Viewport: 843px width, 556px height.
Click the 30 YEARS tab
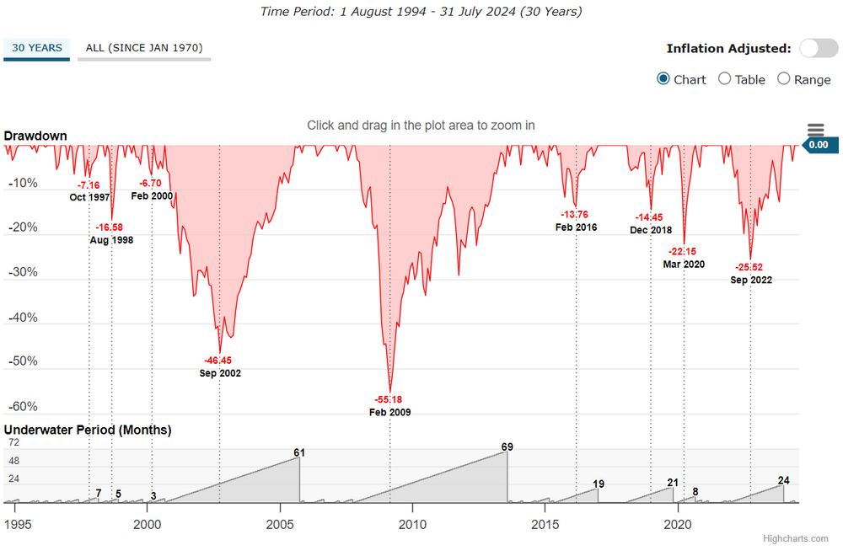(x=37, y=48)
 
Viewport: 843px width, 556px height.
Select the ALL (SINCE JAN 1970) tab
(x=144, y=48)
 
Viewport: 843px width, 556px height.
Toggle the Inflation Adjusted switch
(x=819, y=48)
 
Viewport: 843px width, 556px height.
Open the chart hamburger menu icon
(x=815, y=129)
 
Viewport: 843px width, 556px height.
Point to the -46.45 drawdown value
(x=220, y=360)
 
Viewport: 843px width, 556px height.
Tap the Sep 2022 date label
(x=751, y=280)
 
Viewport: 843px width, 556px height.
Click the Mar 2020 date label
(x=684, y=264)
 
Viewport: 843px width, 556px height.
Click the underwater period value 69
(x=507, y=446)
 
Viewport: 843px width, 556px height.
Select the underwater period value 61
(x=299, y=452)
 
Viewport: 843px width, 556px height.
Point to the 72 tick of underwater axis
(x=13, y=442)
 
